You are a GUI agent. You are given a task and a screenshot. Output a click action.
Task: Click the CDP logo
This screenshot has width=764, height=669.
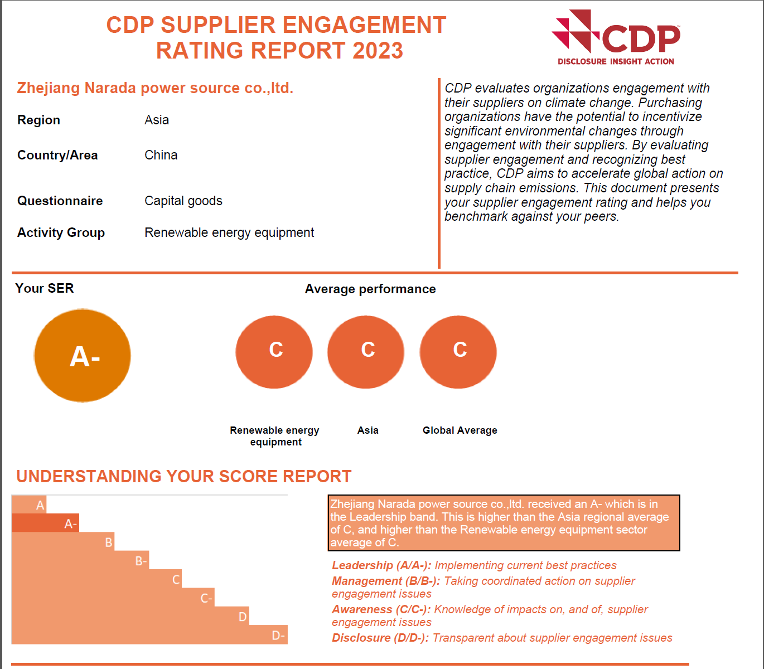click(x=616, y=33)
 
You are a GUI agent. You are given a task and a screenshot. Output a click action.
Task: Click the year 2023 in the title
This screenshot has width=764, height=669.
click(x=378, y=51)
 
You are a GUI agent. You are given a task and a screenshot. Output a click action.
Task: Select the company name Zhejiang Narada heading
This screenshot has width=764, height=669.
click(x=155, y=88)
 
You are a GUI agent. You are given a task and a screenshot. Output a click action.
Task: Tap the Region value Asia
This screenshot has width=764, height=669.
click(x=157, y=120)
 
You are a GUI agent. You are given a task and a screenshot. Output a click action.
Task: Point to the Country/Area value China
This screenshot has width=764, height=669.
click(x=161, y=155)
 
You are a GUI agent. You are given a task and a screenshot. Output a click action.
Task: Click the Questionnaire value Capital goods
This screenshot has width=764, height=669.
click(x=183, y=201)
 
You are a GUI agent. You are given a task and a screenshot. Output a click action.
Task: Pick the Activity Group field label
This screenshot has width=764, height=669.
click(x=61, y=232)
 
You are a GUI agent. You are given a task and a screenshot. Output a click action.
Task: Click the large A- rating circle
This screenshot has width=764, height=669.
click(x=83, y=356)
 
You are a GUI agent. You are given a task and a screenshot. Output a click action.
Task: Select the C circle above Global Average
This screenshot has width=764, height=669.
click(x=458, y=352)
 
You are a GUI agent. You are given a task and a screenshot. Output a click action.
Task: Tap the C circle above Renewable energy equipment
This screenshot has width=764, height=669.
click(x=274, y=352)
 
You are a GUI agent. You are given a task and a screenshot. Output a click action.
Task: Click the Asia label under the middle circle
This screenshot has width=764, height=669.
click(x=368, y=430)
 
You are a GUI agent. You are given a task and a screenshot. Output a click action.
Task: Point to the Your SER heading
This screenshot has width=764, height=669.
click(x=45, y=288)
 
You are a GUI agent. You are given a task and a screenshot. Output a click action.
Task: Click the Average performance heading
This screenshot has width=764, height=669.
click(x=370, y=289)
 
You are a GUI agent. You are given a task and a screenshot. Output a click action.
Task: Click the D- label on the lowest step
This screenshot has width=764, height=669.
click(x=278, y=636)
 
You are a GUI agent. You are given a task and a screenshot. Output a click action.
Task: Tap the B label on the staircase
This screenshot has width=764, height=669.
click(x=109, y=542)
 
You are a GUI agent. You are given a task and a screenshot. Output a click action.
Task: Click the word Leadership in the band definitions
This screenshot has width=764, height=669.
click(x=362, y=565)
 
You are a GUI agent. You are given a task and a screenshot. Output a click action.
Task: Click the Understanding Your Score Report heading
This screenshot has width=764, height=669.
click(x=184, y=477)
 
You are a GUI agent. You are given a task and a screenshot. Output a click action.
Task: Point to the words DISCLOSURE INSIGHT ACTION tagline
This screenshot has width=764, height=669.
click(x=616, y=61)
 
